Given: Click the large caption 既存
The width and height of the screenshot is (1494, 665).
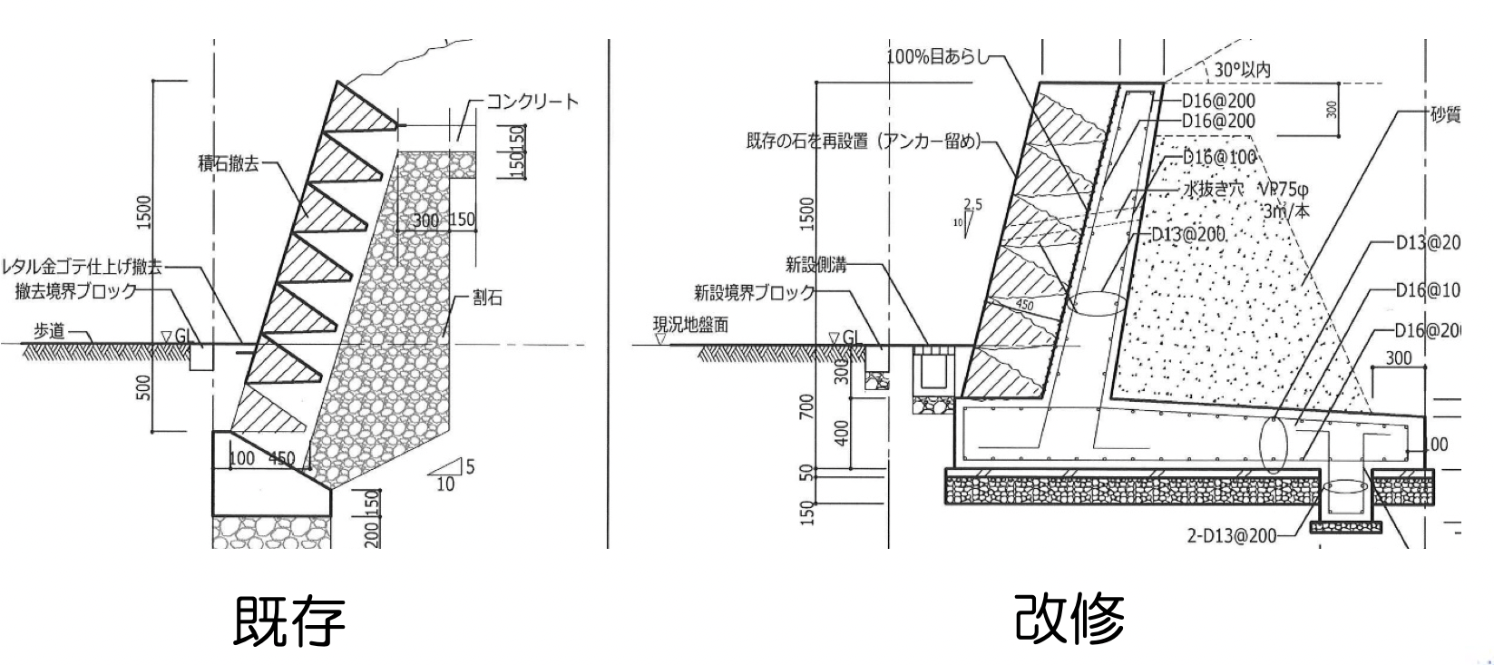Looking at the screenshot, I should click(289, 620).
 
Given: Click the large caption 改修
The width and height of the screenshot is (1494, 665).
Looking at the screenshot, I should click(1070, 618).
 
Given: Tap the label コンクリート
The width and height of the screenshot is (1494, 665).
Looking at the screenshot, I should click(532, 101).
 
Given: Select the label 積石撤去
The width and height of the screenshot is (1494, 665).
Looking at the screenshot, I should click(229, 163).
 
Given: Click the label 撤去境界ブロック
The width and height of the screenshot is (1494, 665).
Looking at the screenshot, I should click(75, 291).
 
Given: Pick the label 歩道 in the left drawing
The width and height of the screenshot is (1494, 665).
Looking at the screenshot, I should click(50, 331).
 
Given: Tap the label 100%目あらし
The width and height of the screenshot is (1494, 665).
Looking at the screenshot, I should click(935, 57).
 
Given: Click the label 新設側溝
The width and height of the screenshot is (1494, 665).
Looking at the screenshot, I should click(815, 265).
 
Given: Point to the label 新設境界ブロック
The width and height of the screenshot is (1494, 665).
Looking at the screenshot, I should click(754, 292).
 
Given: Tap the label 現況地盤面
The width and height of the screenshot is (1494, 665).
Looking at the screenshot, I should click(690, 325).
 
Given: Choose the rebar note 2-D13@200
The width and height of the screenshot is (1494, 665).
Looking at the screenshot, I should click(1230, 536).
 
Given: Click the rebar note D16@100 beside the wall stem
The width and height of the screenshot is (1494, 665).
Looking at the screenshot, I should click(1218, 157).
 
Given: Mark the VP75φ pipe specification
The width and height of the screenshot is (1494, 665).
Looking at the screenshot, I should click(1284, 190).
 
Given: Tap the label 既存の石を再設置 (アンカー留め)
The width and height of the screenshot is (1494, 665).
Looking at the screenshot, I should click(863, 142).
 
